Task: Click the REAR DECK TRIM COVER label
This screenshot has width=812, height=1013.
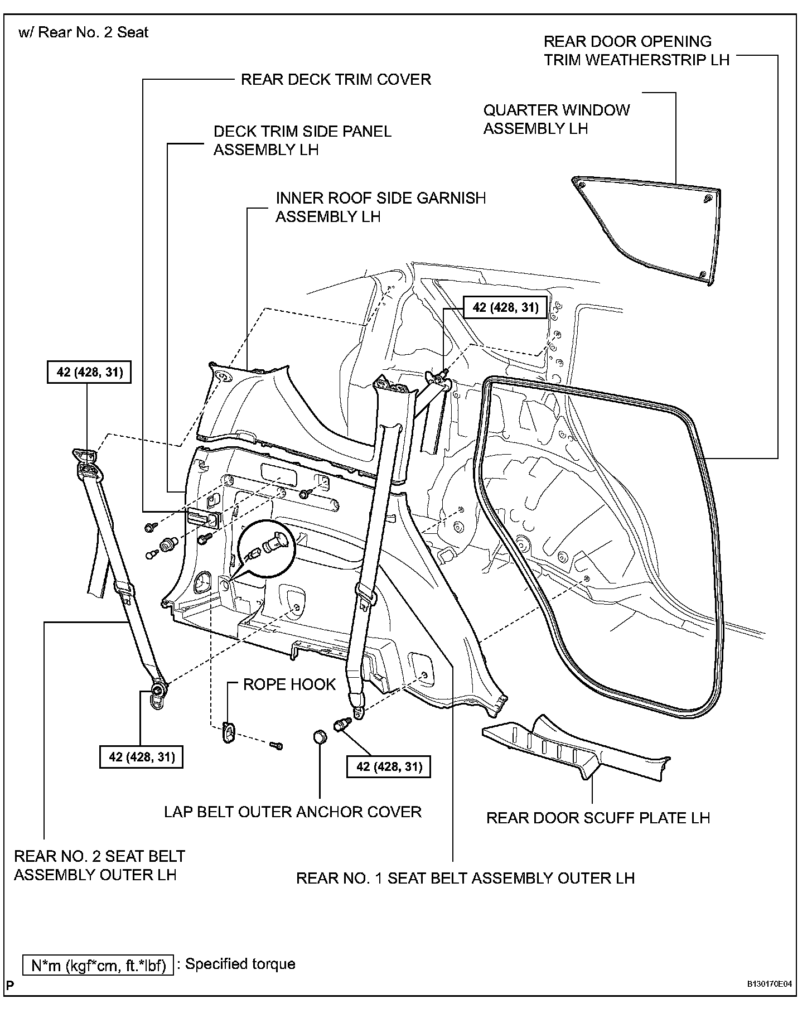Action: click(x=336, y=79)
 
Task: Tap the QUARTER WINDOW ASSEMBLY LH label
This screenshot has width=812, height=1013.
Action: click(x=556, y=119)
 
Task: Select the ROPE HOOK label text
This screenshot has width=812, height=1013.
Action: click(x=289, y=684)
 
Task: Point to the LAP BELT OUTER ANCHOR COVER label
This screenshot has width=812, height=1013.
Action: click(x=293, y=812)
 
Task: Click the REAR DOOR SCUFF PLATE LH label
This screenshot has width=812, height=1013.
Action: click(x=598, y=818)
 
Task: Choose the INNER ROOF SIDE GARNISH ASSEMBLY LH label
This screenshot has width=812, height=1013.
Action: click(x=380, y=207)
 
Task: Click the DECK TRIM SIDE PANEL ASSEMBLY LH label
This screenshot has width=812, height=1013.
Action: click(x=302, y=141)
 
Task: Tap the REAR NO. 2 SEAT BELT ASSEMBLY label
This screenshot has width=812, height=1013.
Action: click(x=99, y=865)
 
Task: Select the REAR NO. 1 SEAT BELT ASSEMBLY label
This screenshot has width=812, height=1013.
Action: click(x=465, y=878)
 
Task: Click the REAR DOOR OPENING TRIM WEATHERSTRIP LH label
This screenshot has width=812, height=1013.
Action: click(x=636, y=51)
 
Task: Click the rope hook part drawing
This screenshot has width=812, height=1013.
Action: click(x=229, y=731)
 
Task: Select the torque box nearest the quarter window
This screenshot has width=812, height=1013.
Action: click(x=505, y=307)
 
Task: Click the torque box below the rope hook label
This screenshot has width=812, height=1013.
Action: click(x=388, y=767)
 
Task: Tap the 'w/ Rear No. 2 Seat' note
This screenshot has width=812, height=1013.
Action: click(x=84, y=32)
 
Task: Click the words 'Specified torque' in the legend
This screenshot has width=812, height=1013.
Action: click(x=240, y=964)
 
